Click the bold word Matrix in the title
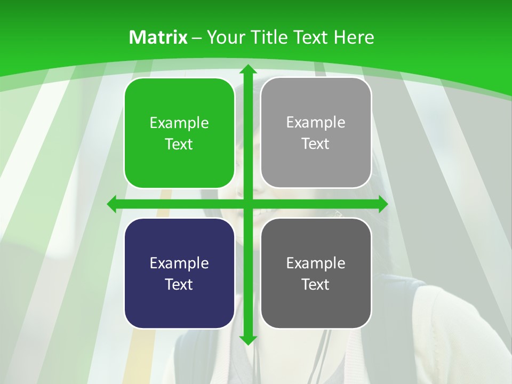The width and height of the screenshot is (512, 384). [158, 37]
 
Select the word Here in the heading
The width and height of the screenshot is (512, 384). [354, 37]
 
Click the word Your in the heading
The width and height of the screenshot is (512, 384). [226, 37]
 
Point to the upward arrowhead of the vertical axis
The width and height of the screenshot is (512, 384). [247, 69]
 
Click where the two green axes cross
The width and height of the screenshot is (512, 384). [247, 204]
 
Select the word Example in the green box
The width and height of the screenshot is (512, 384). [179, 123]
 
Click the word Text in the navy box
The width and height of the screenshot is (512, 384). [179, 284]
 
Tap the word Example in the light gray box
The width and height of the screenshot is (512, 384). [316, 123]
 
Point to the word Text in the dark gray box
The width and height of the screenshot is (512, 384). [315, 284]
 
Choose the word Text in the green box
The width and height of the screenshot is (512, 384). [179, 144]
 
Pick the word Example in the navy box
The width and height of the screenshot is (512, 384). [179, 263]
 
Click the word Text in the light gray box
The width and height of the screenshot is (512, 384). [315, 143]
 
